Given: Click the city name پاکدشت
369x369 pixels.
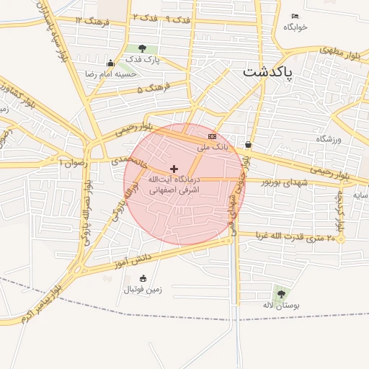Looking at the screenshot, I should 267,73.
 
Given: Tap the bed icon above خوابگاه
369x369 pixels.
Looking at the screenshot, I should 295,16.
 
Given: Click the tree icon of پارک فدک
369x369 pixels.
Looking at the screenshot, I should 141,48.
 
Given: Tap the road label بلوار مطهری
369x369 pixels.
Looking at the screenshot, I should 333,52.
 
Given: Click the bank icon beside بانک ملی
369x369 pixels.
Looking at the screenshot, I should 212,135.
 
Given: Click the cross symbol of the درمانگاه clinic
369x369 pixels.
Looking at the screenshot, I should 174,168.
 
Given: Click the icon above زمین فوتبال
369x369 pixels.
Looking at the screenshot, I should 143,278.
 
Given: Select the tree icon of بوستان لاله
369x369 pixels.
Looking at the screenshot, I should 280,294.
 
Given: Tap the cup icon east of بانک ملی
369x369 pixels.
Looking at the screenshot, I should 249,144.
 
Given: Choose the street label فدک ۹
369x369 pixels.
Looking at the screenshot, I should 178,19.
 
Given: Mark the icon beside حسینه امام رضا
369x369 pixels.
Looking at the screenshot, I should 110,63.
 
